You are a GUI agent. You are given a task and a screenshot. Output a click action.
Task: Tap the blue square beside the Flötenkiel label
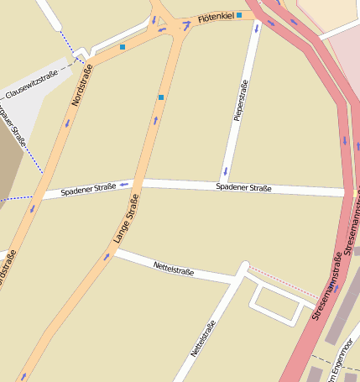tap(239, 15)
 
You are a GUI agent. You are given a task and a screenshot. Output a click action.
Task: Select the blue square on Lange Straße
tap(161, 98)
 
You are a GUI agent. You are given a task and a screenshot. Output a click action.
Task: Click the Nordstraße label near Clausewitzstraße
tap(80, 86)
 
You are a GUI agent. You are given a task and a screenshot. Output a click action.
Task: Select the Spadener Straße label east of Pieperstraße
tap(243, 187)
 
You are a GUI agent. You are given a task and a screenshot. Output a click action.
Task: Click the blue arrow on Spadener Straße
tap(123, 183)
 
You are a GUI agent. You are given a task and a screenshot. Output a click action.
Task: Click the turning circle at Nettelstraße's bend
tap(244, 268)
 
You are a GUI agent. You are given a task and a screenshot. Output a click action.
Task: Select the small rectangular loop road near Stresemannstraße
tap(278, 301)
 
